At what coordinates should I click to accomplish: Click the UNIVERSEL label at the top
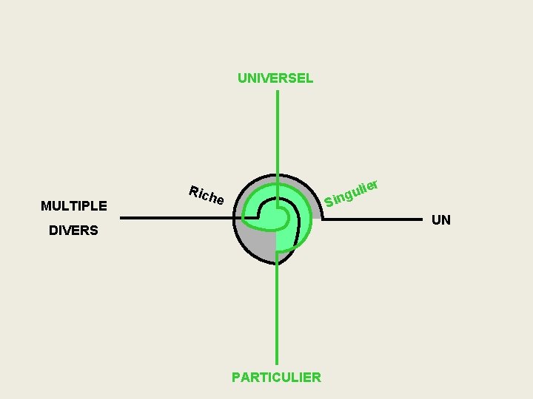click(x=275, y=78)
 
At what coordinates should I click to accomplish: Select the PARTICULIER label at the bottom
click(x=276, y=378)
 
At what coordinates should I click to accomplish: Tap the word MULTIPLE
click(x=74, y=205)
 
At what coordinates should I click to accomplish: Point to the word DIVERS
click(x=73, y=231)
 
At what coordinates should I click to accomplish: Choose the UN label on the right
click(x=441, y=219)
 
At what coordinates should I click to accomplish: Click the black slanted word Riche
click(x=206, y=195)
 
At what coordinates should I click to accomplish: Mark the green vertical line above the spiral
click(x=277, y=133)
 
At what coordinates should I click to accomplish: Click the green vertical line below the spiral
click(x=277, y=318)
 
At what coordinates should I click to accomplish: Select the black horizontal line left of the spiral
click(x=178, y=218)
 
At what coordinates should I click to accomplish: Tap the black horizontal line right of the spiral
click(x=370, y=219)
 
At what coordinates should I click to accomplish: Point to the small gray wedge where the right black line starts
click(x=316, y=213)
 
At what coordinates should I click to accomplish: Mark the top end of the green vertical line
click(x=277, y=92)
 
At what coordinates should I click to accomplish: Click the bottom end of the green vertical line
click(x=277, y=364)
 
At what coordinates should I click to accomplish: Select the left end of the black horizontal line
click(x=122, y=218)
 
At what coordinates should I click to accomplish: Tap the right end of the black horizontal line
click(x=420, y=219)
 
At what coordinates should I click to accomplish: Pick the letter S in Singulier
click(x=328, y=202)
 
